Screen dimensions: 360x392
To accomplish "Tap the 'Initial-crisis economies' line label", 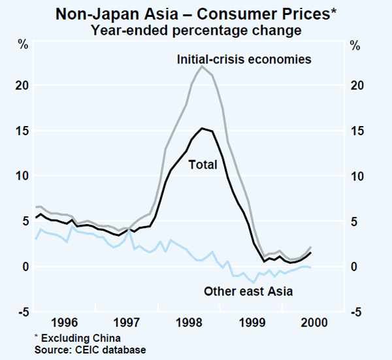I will pos(244,59).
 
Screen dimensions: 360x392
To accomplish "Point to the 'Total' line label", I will pos(203,165).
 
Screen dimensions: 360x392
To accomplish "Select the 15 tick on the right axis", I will pos(357,131).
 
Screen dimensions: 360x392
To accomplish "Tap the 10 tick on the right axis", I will pos(357,176).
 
